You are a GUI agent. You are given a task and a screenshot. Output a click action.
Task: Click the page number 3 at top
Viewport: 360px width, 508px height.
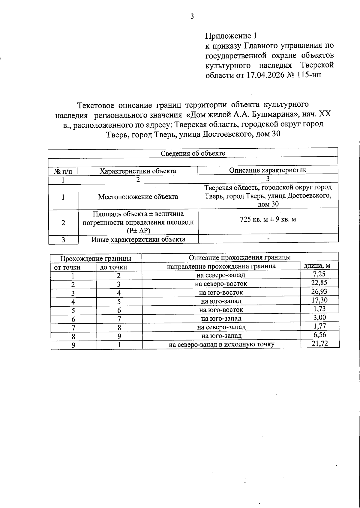pos(192,16)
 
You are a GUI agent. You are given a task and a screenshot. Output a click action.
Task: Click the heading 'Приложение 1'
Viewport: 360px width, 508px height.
pos(231,36)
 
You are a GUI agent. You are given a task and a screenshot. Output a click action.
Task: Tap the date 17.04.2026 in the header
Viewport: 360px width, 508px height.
pos(265,75)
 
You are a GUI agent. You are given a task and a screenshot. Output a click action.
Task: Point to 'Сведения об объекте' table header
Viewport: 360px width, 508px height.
pos(193,153)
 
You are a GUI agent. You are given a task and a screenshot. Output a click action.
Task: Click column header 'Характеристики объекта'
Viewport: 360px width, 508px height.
pos(138,171)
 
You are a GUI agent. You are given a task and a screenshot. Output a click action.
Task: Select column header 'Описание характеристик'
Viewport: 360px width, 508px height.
pos(268,170)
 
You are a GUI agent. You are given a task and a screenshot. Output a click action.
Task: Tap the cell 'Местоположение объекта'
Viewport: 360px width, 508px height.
pos(138,197)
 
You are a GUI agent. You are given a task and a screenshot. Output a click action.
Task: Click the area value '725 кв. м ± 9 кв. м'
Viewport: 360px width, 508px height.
pos(268,219)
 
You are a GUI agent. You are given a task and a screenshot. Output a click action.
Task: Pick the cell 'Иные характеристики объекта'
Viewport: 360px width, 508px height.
pos(138,239)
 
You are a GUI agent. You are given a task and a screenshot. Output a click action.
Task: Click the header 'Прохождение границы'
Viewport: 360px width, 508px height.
pos(96,258)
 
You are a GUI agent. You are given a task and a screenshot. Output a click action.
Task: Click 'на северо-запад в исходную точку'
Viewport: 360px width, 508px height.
pos(221,344)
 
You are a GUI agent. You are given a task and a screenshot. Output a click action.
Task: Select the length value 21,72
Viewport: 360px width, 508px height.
pos(320,343)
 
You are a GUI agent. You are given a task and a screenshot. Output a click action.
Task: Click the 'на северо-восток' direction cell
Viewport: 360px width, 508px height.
pos(221,284)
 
